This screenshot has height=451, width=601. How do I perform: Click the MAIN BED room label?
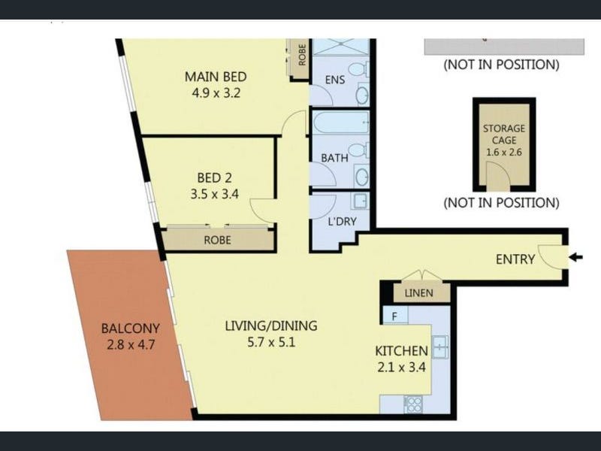point(216,77)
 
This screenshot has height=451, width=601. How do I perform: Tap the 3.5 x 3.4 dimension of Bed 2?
point(215,194)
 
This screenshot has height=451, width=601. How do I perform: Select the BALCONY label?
point(130,328)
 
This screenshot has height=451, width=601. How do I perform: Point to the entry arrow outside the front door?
point(575,257)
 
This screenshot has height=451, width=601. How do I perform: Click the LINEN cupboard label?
point(418,293)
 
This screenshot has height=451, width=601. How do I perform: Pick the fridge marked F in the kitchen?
point(395,316)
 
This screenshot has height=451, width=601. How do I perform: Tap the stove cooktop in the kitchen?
point(414,404)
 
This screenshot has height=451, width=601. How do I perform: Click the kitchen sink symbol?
point(440,347)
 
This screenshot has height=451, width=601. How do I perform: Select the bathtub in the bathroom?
point(340,123)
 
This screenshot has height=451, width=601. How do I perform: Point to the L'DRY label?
point(343,221)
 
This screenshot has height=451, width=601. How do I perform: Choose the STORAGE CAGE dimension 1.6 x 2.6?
point(503,153)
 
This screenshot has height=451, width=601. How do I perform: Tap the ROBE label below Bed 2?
point(217,240)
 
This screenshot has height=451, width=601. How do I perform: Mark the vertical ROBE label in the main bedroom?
point(302,55)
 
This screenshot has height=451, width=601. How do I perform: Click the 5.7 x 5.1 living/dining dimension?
point(271,342)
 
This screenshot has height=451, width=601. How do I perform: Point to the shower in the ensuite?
point(341,47)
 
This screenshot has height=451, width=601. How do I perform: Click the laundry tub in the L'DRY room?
point(360,201)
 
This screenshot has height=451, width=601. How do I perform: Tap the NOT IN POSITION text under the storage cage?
point(501,202)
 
